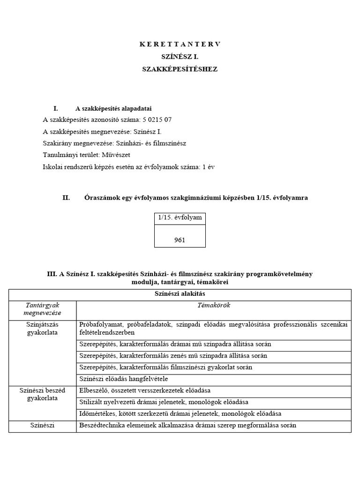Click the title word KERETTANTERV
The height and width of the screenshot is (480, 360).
coord(180,44)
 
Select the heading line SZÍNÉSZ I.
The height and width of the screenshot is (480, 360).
coord(180,56)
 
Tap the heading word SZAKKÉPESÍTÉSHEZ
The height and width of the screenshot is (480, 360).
coord(180,69)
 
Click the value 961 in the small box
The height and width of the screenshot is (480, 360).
coord(180,240)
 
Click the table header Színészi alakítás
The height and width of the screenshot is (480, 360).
coord(180,294)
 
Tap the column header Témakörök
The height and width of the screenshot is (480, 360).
coord(214,306)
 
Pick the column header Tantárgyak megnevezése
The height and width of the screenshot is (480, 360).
coord(42,309)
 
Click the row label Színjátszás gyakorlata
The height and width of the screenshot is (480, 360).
coord(42,328)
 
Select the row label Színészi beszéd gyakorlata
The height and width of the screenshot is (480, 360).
coord(42,394)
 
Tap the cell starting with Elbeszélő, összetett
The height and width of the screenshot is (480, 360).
coord(145,390)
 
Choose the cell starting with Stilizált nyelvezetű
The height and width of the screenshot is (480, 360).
coord(164,402)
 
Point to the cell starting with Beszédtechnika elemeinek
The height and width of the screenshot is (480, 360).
coord(188,426)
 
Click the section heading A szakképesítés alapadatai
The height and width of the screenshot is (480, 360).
coord(113,108)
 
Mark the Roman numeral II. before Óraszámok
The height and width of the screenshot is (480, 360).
coord(66,198)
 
